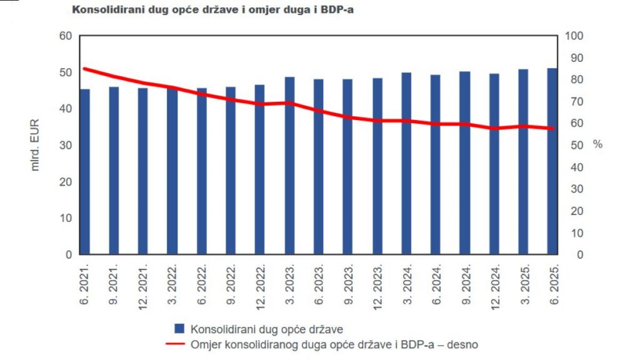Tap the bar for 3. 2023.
[289, 166]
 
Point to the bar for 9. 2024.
[464, 163]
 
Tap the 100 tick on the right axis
[574, 36]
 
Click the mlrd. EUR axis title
[35, 146]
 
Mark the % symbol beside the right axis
[597, 144]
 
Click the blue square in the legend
[179, 328]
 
